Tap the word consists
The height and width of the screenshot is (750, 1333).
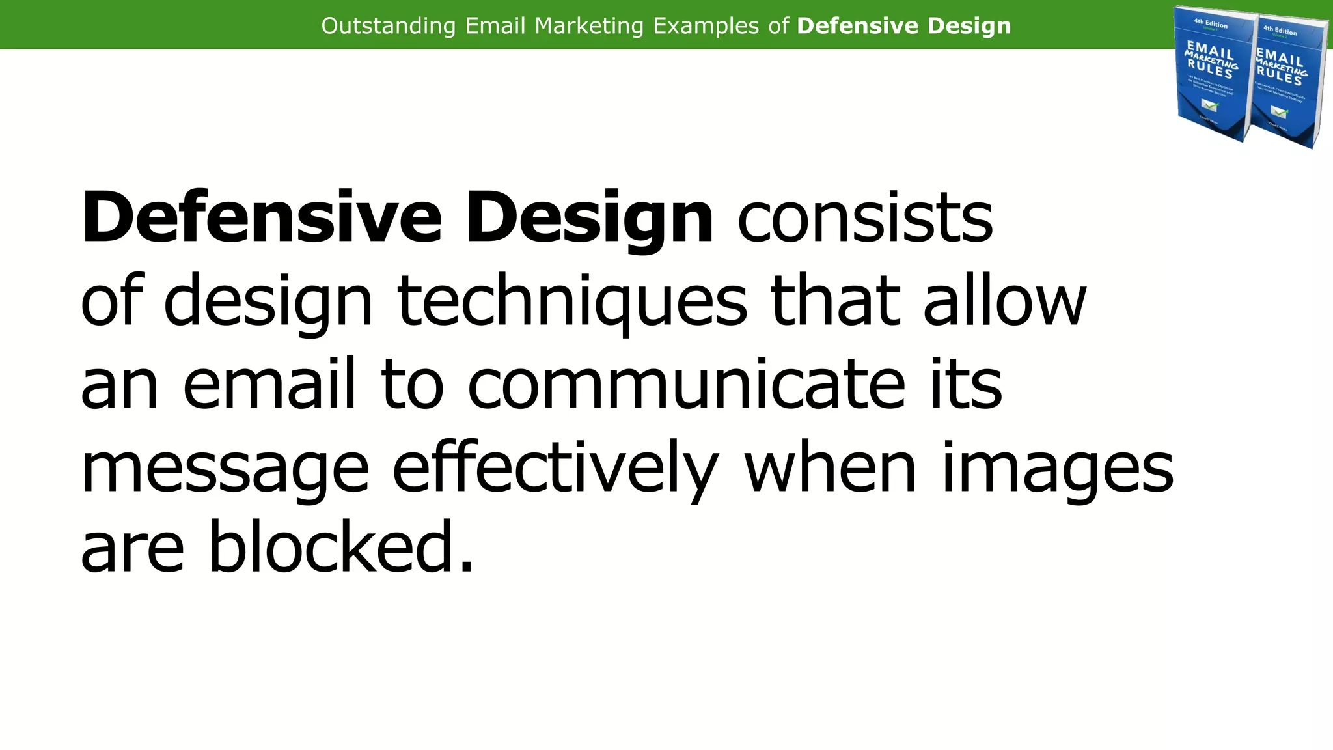(x=865, y=218)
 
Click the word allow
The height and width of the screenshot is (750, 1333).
(x=1005, y=301)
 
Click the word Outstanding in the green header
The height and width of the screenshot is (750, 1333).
(x=389, y=26)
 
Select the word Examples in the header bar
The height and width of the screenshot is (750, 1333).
(x=706, y=26)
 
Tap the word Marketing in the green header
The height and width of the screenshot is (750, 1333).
(x=589, y=26)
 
